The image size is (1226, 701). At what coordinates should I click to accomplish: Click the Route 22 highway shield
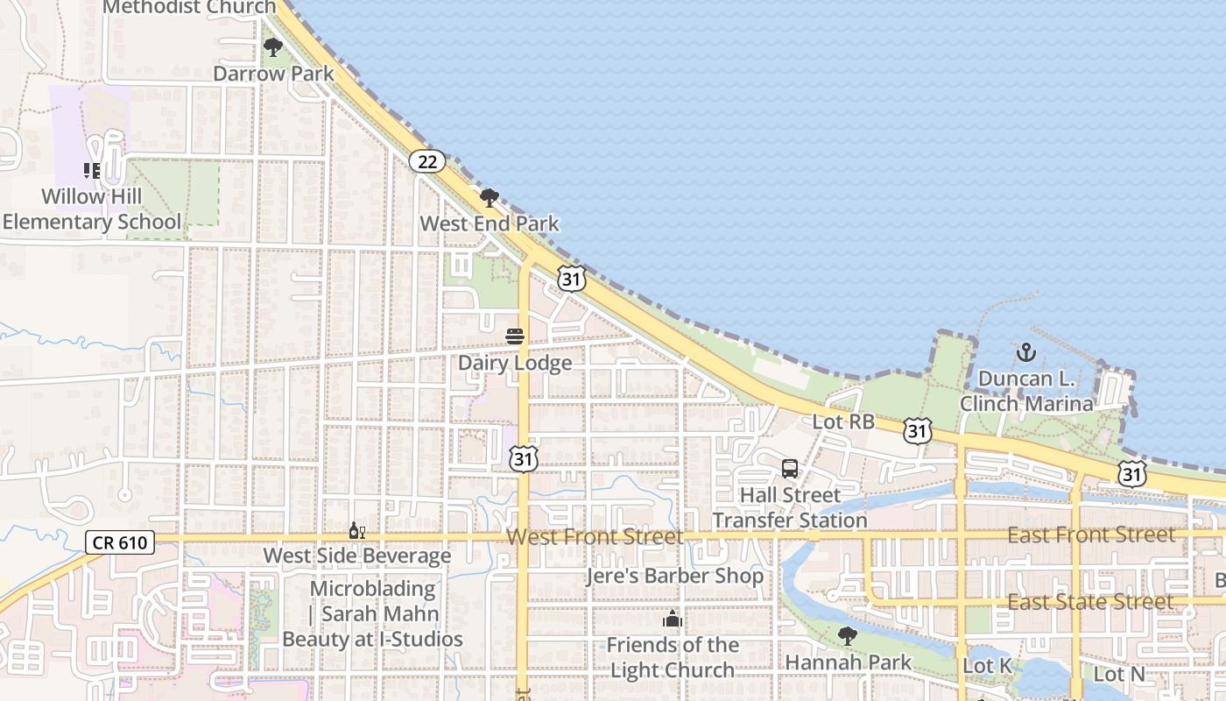point(427,161)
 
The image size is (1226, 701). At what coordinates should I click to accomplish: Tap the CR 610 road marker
point(121,543)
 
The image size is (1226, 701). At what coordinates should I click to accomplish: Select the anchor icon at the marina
point(1025,353)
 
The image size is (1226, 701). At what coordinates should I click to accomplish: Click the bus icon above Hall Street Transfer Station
point(790,469)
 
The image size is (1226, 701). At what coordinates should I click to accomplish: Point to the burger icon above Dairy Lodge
point(515,336)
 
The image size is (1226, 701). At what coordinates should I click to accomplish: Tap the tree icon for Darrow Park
point(273,47)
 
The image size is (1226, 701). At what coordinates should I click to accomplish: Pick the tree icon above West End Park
point(490,198)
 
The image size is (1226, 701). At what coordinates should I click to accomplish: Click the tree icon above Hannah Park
point(847,636)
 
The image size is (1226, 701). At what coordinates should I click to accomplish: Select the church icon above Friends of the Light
point(673,620)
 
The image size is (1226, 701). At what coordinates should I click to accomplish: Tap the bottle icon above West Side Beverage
point(356,531)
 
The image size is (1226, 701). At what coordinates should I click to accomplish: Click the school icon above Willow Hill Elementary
point(92,171)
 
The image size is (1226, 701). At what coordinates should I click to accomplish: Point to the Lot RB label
point(843,421)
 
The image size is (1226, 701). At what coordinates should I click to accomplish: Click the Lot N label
point(1119,674)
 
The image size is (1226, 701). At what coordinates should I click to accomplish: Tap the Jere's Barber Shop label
point(674,577)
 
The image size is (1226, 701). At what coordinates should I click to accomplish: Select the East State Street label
point(1090,602)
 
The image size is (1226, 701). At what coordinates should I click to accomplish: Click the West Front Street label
point(595,536)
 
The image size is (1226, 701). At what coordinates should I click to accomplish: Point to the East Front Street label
point(1091,535)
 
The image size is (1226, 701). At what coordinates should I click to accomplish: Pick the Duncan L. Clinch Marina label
point(1026,391)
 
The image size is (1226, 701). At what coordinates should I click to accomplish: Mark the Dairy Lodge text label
point(515,363)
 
